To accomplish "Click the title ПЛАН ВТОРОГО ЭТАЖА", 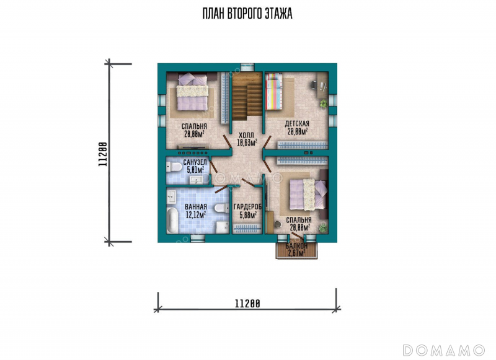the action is (x=247, y=14).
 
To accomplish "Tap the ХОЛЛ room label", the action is (x=246, y=136).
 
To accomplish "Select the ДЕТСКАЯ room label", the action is (x=297, y=123).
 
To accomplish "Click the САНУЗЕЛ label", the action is (x=195, y=162).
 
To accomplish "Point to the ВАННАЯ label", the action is (x=196, y=207).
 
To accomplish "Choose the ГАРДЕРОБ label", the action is (x=247, y=208).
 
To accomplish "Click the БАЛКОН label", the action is (x=297, y=246).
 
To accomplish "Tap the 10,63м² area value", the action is (x=247, y=143).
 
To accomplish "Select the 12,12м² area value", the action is (x=196, y=215).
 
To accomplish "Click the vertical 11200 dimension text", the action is (x=103, y=154).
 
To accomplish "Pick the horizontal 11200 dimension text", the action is (x=247, y=304).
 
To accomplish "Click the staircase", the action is (x=247, y=96).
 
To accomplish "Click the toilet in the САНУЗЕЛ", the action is (x=174, y=167).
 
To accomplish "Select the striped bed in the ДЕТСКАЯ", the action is (x=273, y=91).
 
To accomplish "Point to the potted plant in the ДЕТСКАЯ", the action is (x=323, y=103).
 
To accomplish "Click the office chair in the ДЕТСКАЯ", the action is (x=314, y=85).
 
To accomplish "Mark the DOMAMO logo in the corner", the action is (x=444, y=350).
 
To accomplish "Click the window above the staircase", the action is (x=247, y=67).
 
